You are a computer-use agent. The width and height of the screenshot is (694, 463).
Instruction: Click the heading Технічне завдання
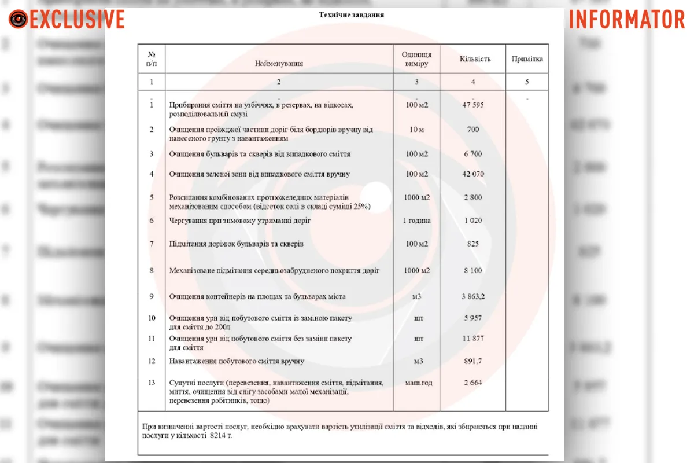tap(351, 14)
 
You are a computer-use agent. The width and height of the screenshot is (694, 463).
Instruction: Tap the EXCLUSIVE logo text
tap(77, 20)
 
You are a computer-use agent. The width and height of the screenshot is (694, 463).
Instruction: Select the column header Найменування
tap(279, 63)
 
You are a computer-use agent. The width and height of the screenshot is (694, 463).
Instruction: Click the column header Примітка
tap(527, 59)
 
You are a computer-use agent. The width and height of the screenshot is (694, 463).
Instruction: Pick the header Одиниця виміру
tap(416, 59)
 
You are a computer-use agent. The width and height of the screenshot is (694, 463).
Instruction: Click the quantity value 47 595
tap(473, 105)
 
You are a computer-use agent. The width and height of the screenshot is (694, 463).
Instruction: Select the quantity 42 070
tap(473, 174)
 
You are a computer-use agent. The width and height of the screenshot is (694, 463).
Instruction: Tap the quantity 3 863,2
tap(473, 297)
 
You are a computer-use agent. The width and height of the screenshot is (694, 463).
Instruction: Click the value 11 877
tap(473, 339)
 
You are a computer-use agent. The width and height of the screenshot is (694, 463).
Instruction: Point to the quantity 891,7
tap(473, 362)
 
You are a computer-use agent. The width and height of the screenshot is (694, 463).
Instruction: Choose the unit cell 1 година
tap(416, 221)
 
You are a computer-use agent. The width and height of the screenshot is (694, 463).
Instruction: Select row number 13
tap(152, 383)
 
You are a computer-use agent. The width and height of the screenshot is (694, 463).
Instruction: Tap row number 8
tap(152, 270)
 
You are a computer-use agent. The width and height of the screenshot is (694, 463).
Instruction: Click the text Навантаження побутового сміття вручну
tap(237, 362)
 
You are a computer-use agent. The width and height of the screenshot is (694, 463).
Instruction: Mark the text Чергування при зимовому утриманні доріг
tap(239, 221)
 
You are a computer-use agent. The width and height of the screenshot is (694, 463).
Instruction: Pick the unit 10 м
tap(416, 130)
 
